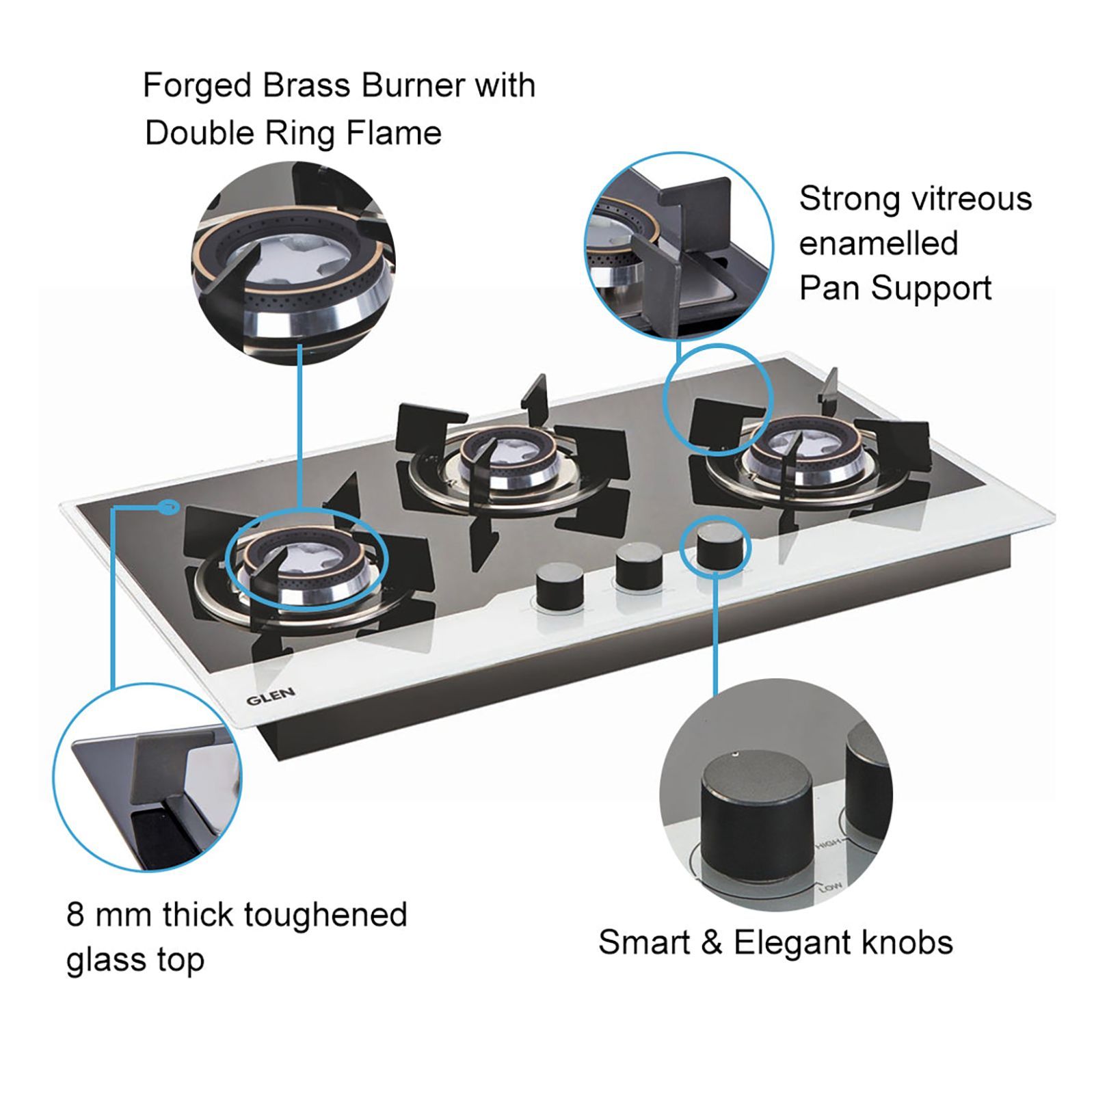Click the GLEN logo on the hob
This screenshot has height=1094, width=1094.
271,697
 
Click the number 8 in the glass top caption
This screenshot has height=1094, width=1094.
75,915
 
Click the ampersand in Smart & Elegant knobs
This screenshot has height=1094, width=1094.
711,943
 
